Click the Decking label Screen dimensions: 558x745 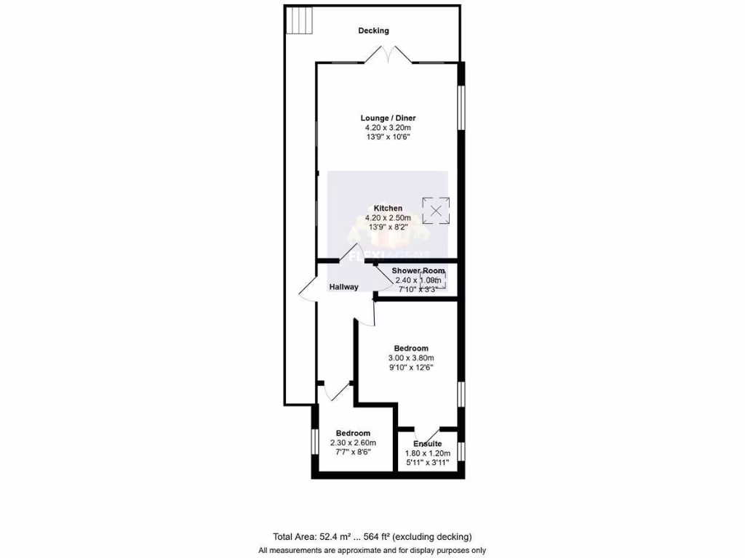click(373, 31)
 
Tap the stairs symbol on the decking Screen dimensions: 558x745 click(300, 20)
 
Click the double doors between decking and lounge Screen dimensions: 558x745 click(389, 55)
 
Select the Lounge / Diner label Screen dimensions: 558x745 click(388, 118)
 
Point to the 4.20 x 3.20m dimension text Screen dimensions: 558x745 click(388, 127)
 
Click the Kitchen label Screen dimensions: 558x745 click(388, 209)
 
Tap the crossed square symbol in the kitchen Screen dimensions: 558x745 click(436, 211)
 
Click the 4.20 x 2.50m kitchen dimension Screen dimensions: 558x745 click(388, 218)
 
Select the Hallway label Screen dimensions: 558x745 click(343, 287)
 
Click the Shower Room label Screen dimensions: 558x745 click(418, 271)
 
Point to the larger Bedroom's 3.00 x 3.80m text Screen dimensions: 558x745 click(410, 358)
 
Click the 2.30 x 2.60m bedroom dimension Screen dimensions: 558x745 click(352, 442)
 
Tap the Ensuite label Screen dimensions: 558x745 click(427, 443)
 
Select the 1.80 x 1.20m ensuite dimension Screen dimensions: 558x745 click(427, 453)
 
